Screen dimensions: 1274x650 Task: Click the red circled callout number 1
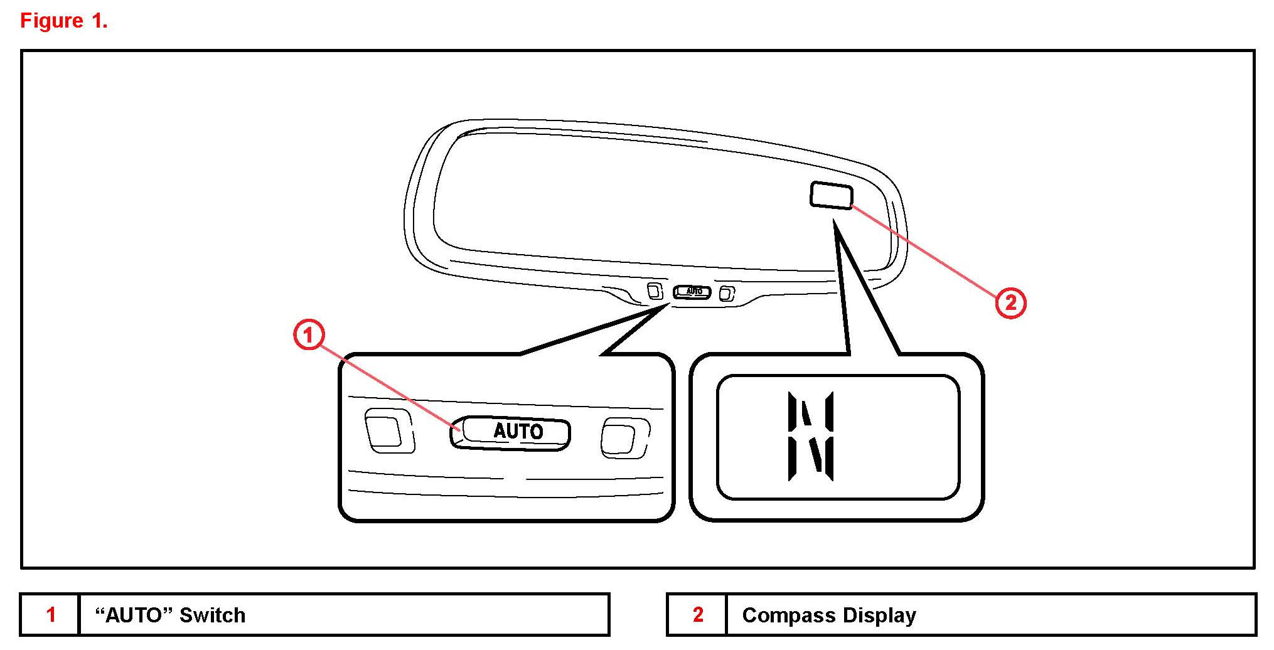click(x=308, y=336)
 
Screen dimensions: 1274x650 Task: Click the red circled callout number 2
click(x=1010, y=303)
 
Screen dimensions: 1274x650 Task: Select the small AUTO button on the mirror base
click(x=692, y=292)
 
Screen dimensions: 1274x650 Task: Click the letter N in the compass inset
click(x=811, y=437)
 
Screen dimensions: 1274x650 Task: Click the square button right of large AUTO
click(x=623, y=437)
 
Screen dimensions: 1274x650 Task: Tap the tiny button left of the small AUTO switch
click(x=655, y=291)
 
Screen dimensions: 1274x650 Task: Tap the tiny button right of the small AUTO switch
click(x=727, y=293)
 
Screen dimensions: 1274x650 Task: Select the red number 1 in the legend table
click(x=51, y=614)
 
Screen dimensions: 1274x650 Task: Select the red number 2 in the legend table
click(x=697, y=614)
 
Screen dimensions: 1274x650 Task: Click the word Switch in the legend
click(x=212, y=615)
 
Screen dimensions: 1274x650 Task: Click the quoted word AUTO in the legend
click(x=134, y=615)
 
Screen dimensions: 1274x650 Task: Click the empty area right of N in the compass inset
click(x=897, y=437)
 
